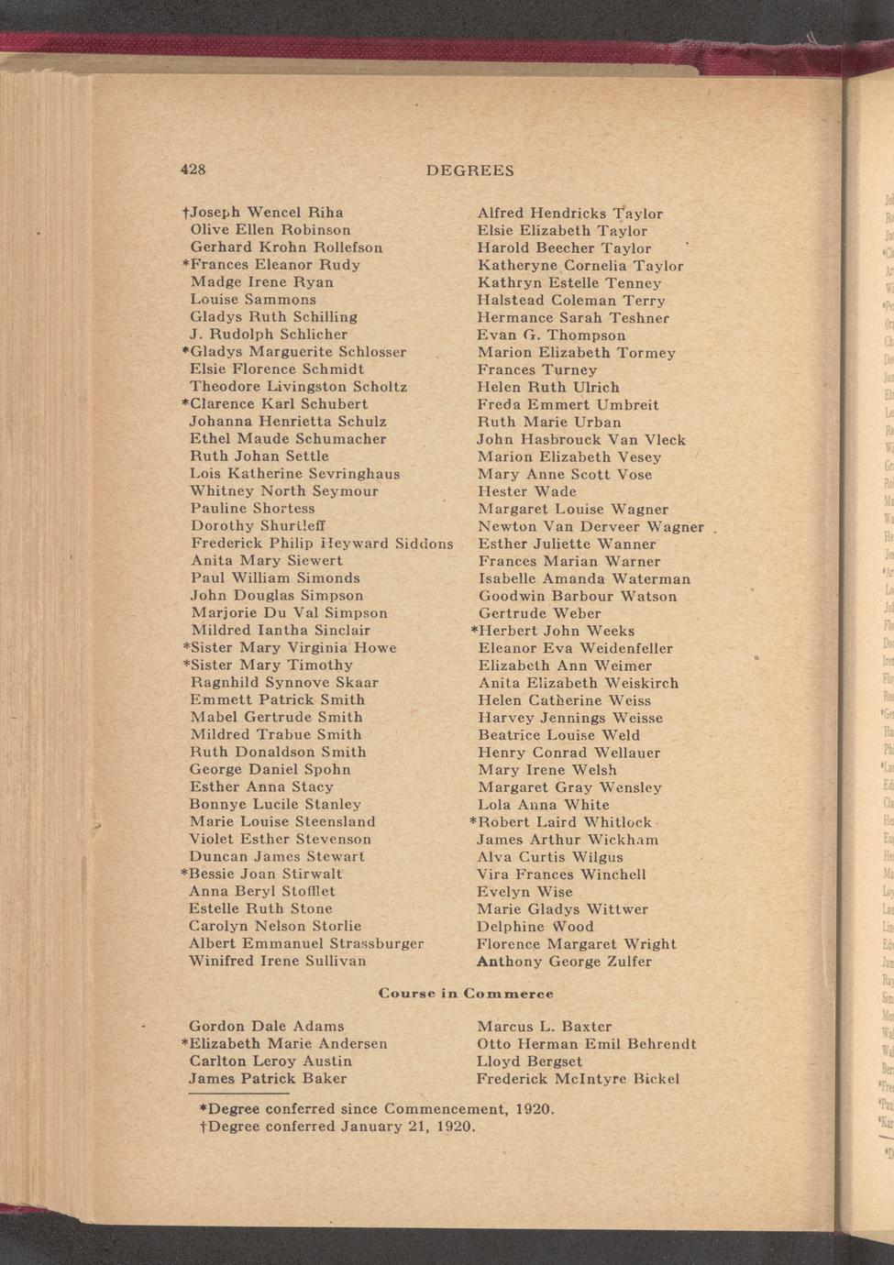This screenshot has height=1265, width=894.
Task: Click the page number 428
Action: (x=193, y=170)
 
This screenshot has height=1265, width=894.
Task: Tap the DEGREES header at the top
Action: (x=469, y=170)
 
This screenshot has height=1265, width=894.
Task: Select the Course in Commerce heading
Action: (x=466, y=994)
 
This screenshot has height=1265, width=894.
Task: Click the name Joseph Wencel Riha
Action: (x=267, y=213)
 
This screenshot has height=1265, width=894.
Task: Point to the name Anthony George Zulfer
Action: (x=564, y=962)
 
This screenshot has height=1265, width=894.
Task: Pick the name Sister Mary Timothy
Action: (x=271, y=665)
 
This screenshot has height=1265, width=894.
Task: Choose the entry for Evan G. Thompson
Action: (x=551, y=335)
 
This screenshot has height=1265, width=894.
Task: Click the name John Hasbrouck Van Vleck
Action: (x=581, y=440)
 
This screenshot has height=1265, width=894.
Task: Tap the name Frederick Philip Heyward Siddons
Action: (x=322, y=544)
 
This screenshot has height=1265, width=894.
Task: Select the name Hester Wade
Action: (x=527, y=491)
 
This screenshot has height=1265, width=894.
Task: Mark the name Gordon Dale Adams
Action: (x=266, y=1026)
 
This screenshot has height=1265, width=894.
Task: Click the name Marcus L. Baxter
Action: (x=544, y=1026)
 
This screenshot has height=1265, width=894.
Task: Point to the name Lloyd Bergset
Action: (x=529, y=1061)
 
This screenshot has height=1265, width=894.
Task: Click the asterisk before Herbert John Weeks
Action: (x=473, y=630)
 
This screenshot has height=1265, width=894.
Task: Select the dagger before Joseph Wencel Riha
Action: (x=186, y=213)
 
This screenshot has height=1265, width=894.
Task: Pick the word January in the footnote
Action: (x=371, y=1127)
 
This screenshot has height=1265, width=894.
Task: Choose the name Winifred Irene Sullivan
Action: (x=277, y=961)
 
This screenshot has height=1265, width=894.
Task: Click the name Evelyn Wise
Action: (x=524, y=892)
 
